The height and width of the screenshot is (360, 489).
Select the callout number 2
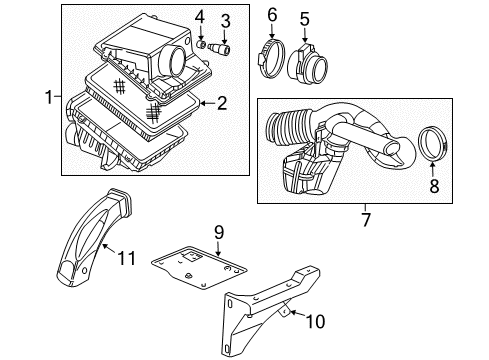223,101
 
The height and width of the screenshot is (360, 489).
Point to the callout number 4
201,16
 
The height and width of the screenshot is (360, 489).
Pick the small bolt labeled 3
223,47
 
